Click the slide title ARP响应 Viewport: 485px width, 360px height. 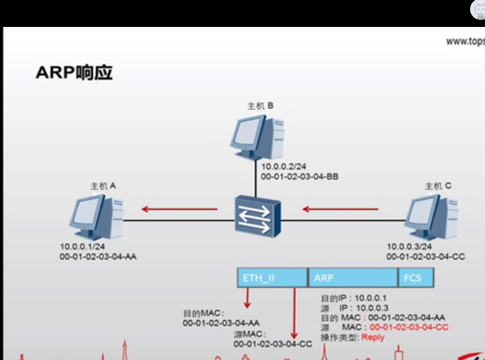[x=74, y=73]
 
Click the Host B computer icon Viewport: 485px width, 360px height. [x=258, y=137]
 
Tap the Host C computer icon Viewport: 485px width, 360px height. [x=433, y=215]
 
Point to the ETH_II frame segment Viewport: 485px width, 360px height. [x=272, y=278]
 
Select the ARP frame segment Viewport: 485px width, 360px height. [x=352, y=278]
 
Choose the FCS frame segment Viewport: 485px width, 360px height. [x=415, y=278]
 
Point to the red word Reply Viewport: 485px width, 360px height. [x=373, y=337]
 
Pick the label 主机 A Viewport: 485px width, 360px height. [x=103, y=185]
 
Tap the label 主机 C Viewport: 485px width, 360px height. [x=438, y=186]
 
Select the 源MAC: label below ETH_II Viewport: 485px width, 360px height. [x=249, y=334]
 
